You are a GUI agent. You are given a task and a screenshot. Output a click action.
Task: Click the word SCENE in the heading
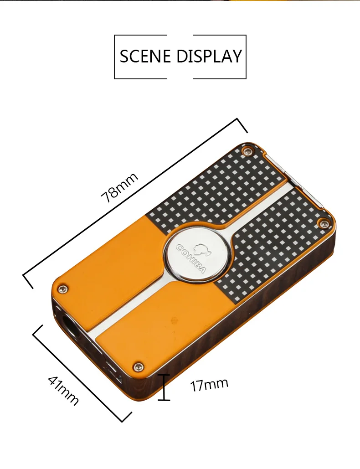point(145,56)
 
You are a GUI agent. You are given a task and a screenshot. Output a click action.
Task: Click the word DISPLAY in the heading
point(209,56)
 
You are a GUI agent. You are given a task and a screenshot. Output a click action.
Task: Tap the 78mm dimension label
point(119,187)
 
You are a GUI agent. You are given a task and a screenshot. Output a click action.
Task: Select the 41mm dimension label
point(63,390)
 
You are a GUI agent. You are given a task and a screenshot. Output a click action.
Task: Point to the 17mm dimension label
point(209,384)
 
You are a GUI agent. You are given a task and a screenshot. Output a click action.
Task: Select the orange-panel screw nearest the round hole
point(62,289)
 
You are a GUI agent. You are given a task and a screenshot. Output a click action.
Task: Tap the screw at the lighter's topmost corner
point(247,151)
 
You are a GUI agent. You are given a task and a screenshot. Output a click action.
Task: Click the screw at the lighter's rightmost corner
point(323,222)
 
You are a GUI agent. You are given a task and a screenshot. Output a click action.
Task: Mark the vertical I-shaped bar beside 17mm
point(164,387)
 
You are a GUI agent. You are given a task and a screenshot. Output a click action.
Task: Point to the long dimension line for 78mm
point(135,203)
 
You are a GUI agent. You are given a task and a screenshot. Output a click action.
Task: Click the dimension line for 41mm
point(82,373)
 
